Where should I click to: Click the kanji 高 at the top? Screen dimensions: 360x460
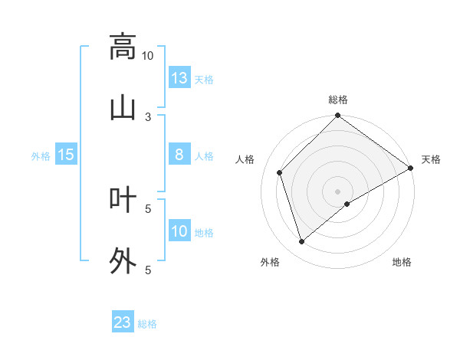click(123, 47)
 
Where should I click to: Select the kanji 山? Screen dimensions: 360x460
click(123, 108)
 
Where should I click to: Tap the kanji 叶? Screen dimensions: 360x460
click(123, 200)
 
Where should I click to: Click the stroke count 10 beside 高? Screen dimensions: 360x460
click(148, 55)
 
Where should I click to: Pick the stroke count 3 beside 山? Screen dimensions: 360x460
click(148, 116)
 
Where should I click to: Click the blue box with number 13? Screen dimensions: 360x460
click(179, 78)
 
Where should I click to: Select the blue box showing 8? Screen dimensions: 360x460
click(179, 155)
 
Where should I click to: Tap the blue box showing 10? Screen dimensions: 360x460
click(179, 231)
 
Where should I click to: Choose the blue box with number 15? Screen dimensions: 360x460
click(66, 155)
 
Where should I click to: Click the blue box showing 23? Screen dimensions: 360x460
click(123, 322)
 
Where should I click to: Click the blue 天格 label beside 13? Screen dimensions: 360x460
click(204, 80)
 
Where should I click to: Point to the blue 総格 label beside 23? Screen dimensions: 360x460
click(147, 324)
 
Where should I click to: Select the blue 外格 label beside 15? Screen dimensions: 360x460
click(41, 156)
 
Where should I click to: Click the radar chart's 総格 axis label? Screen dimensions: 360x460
click(338, 100)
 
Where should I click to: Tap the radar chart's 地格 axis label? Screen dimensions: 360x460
click(402, 263)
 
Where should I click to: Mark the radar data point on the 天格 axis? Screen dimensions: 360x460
click(411, 168)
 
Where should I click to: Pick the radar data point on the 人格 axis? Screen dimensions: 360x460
click(280, 172)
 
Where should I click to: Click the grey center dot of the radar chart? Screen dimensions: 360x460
click(338, 191)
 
